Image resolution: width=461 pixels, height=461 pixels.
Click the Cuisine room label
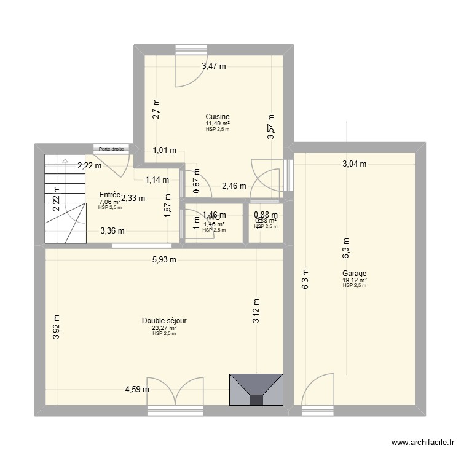tap(218, 116)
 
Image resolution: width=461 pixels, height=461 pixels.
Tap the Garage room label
tap(355, 274)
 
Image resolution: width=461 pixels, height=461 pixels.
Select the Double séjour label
tap(164, 321)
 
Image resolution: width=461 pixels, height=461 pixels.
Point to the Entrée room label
tap(110, 195)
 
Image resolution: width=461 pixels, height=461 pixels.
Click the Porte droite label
tap(111, 149)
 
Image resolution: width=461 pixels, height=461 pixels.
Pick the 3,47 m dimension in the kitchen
tap(214, 66)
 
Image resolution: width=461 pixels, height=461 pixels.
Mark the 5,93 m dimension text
tap(164, 259)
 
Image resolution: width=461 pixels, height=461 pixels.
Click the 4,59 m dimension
tap(137, 388)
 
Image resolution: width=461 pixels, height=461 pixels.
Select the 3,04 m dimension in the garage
tap(354, 164)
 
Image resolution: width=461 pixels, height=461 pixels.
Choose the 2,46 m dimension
tap(234, 186)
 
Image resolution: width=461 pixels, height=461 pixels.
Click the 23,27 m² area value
tap(164, 328)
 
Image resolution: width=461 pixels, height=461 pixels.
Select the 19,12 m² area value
tap(355, 280)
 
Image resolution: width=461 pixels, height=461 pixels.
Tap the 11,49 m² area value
tap(218, 124)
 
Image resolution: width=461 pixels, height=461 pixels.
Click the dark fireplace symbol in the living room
tap(256, 389)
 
